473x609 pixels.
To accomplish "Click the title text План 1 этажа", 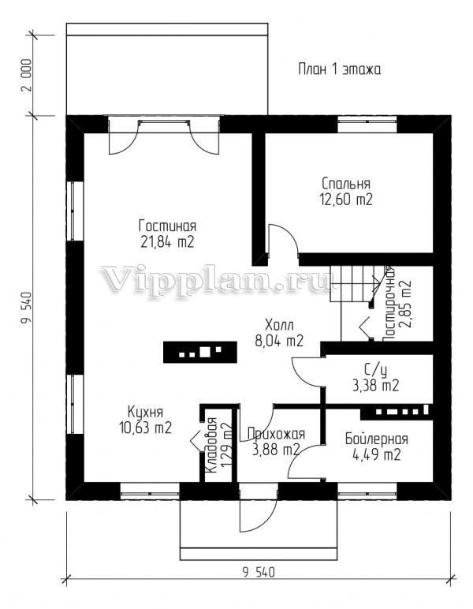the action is pos(339,69).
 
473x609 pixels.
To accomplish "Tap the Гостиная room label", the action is pos(168,226).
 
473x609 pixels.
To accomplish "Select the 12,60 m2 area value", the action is pos(346,200).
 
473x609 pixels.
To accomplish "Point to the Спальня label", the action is pos(346,183).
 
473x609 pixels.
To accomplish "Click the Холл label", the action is pos(279,324).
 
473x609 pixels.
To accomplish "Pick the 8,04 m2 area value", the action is pos(279,341).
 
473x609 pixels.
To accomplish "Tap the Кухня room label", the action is pos(146,412).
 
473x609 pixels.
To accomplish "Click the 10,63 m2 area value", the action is pos(146,428).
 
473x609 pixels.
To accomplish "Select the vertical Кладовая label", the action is pos(211,446).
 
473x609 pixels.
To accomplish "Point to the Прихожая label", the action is pos(276,433).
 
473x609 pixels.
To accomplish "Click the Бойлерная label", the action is pos(376,439).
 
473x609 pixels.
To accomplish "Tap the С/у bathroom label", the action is pos(375,371).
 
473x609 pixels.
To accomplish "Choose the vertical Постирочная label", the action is pos(389,304).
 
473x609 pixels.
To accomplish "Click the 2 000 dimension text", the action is pos(26,75).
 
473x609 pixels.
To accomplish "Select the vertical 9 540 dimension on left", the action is pos(26,307).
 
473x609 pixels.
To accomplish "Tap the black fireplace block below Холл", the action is pos(200,353).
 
